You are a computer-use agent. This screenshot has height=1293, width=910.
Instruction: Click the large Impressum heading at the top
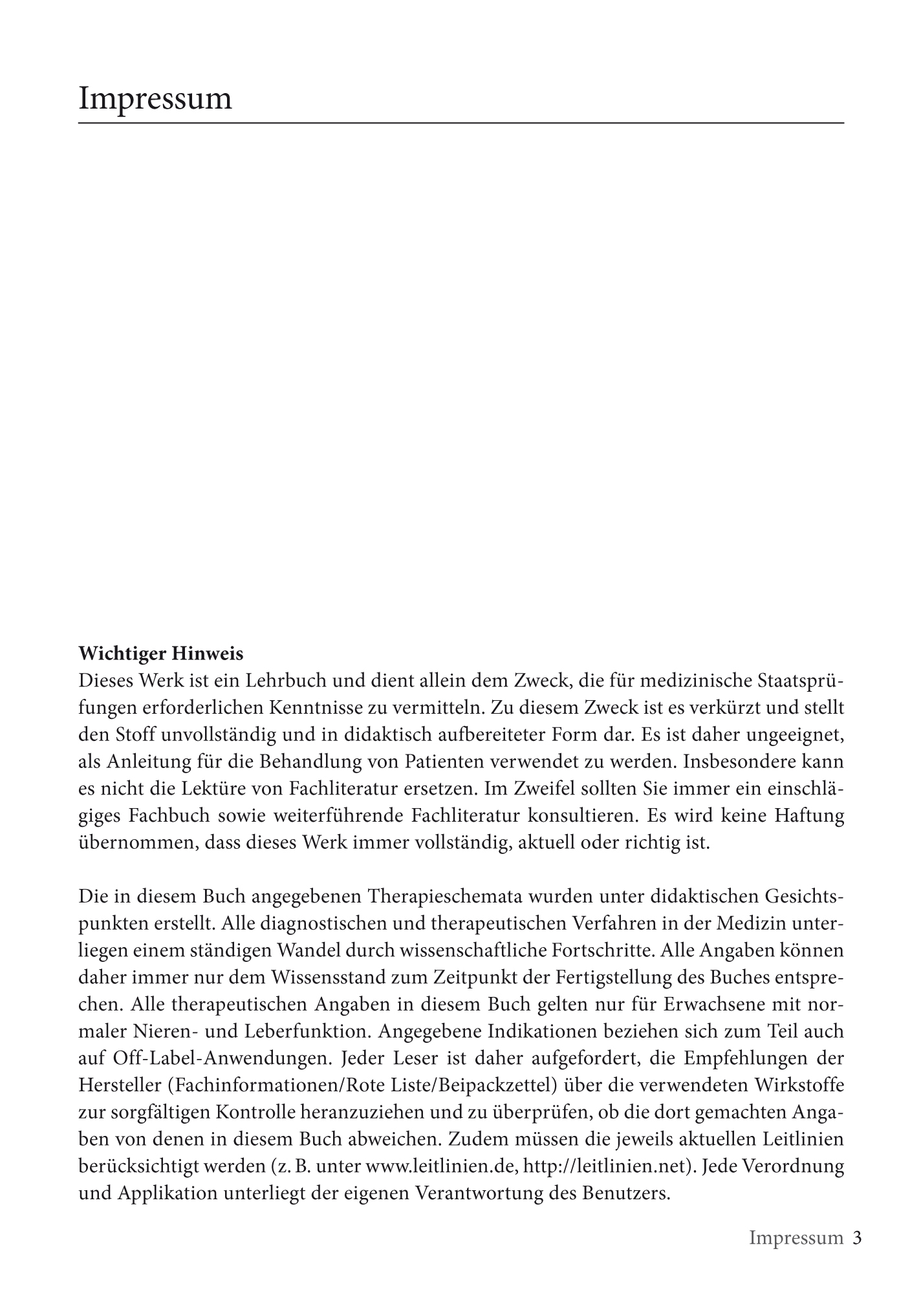point(155,99)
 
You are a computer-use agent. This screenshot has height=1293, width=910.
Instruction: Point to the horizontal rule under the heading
point(460,122)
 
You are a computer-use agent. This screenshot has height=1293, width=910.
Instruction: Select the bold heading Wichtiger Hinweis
point(161,654)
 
